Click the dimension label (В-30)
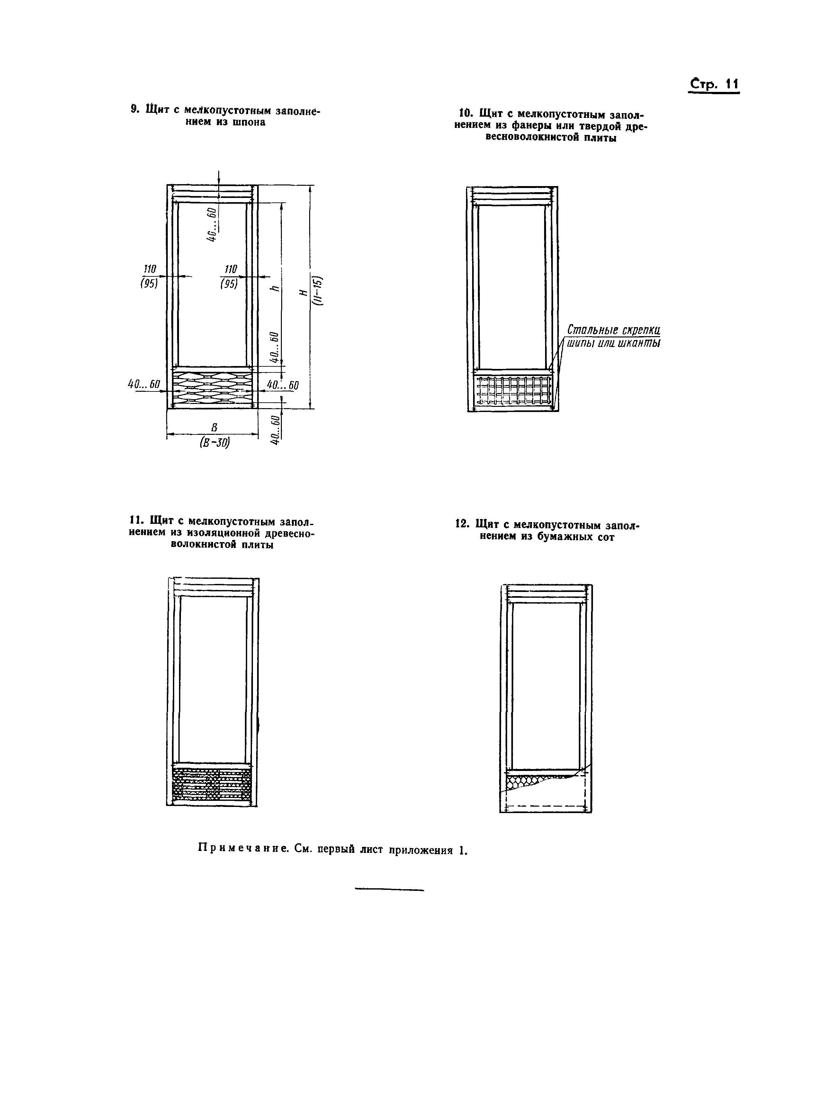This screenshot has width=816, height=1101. (x=215, y=443)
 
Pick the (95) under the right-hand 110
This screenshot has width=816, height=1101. (x=229, y=284)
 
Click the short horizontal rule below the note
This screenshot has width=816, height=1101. (x=390, y=890)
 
